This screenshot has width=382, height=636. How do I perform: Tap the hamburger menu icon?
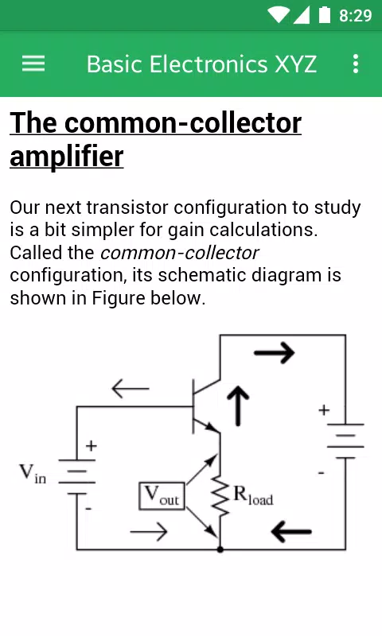coord(33,64)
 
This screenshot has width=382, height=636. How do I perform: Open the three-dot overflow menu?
coord(356,64)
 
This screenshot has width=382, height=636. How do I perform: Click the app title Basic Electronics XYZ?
coord(201,64)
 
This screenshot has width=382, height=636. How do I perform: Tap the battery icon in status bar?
coord(325,14)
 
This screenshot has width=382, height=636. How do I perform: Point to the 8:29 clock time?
coord(355,15)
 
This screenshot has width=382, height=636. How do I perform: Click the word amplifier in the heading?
coord(67,157)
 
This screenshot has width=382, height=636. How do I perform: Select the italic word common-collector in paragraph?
coord(179,253)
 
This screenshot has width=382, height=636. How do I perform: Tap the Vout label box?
coord(162,495)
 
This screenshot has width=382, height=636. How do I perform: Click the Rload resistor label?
coord(253,495)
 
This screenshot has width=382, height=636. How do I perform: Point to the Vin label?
coord(33,473)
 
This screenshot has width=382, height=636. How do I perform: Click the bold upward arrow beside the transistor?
coord(238,405)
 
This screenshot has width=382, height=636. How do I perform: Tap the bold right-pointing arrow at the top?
coord(275,352)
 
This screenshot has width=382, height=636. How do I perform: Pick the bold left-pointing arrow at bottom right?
coord(291,531)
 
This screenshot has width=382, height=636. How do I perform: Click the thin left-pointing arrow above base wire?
coord(131,389)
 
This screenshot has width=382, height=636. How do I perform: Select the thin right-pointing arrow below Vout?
coord(149,531)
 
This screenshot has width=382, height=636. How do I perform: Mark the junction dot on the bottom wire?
coord(220,549)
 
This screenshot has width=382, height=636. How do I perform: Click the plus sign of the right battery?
coord(324,410)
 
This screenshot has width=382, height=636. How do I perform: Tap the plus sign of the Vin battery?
coord(92,446)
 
